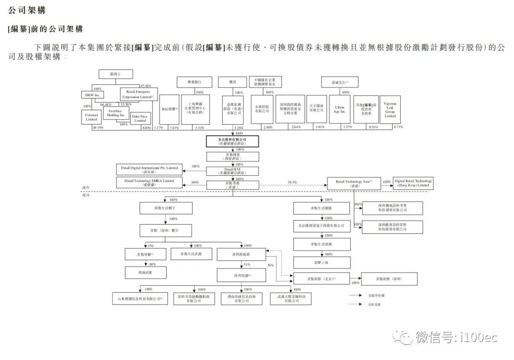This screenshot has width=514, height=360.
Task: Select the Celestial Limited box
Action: [91, 117]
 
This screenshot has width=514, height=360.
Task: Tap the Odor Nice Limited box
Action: [140, 119]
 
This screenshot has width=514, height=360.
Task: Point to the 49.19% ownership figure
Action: [98, 128]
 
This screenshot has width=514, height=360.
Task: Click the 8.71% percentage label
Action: [399, 128]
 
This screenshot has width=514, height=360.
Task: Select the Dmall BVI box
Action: [233, 170]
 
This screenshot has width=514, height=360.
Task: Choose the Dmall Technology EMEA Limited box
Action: [149, 181]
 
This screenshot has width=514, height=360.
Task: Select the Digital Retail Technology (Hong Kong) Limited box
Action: [413, 182]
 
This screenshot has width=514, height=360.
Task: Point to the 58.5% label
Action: [292, 182]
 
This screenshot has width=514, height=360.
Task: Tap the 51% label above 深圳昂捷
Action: [247, 264]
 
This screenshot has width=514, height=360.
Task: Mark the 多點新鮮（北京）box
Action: [321, 279]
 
